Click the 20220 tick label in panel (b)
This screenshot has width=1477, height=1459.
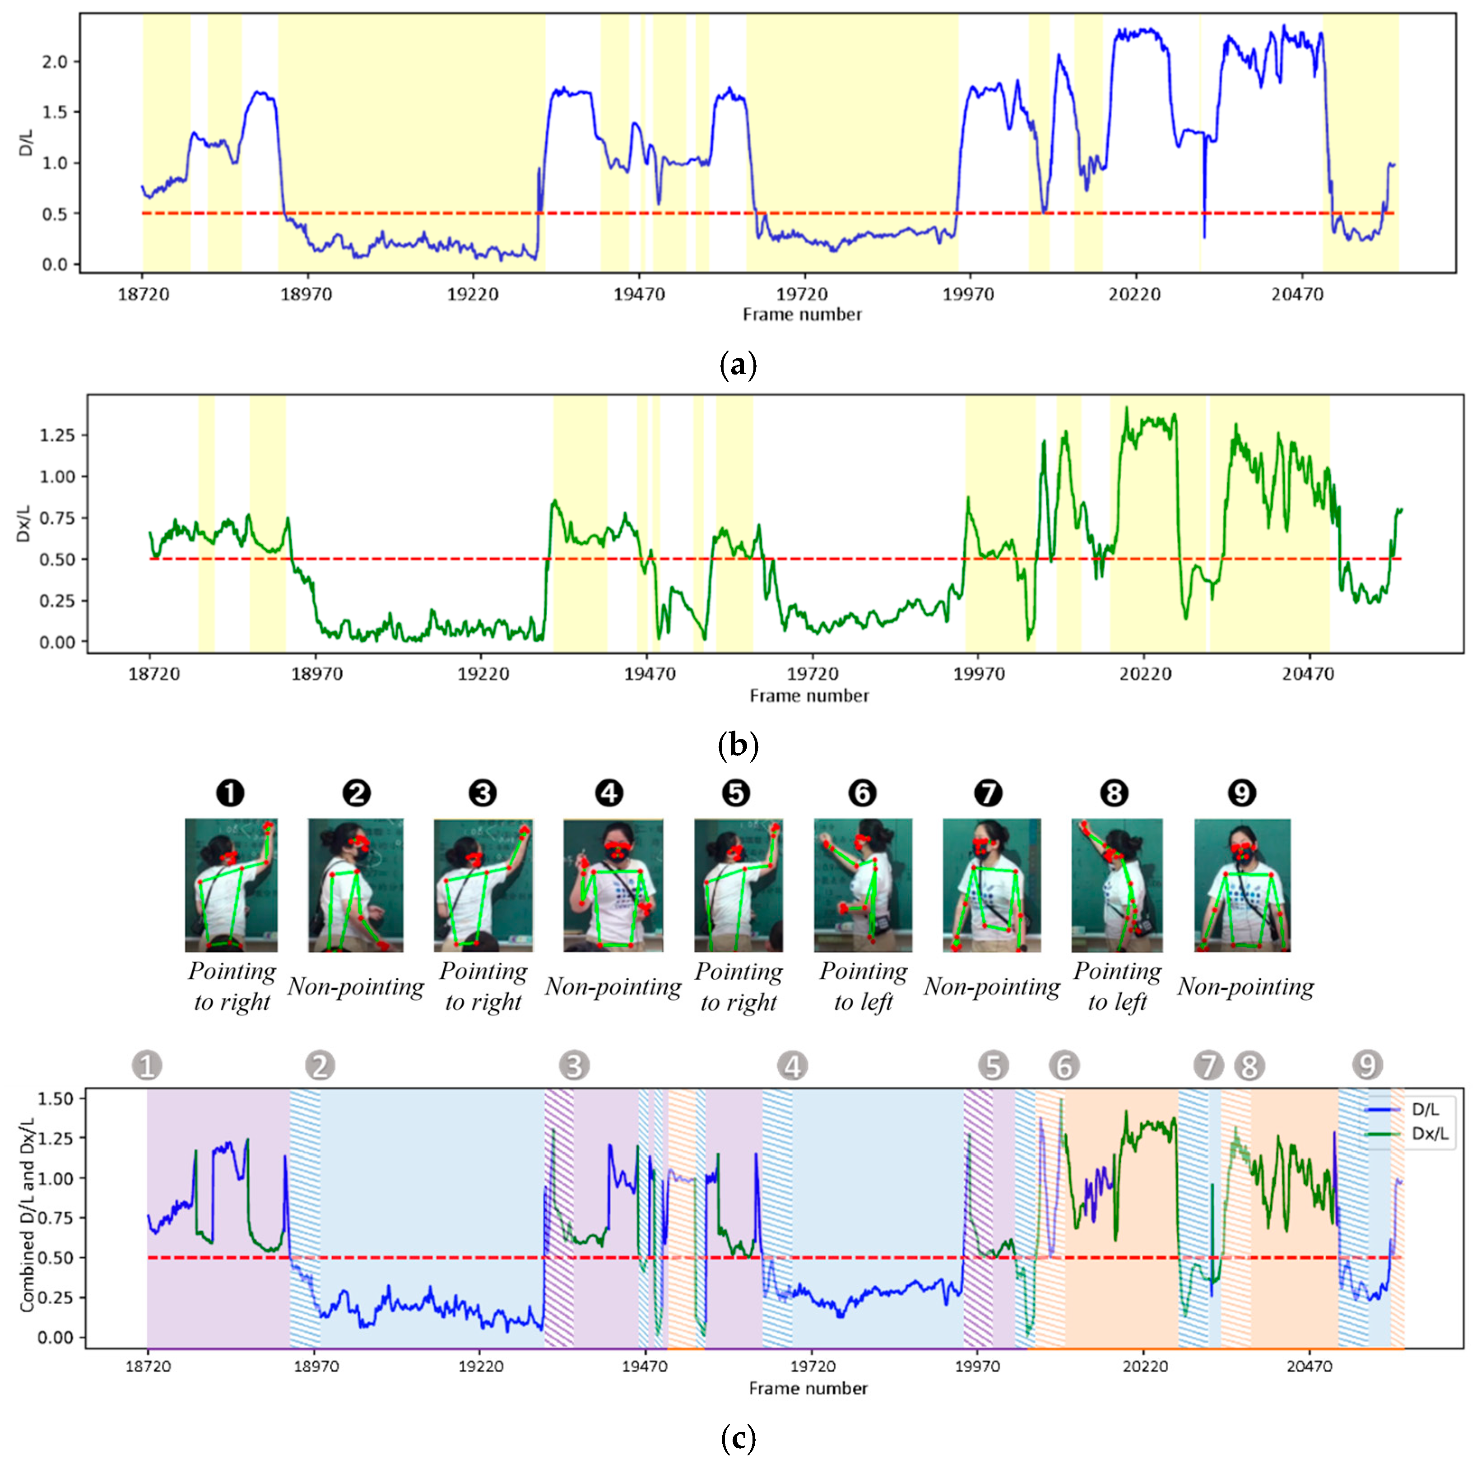coord(1144,675)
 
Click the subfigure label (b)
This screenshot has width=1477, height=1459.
coord(738,745)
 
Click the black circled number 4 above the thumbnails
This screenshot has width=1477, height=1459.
coord(609,793)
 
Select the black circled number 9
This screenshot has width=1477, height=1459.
coord(1241,793)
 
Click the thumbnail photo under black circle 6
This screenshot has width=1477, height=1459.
coord(863,884)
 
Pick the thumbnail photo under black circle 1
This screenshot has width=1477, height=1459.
coord(231,884)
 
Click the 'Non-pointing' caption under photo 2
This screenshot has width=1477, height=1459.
coord(356,987)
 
